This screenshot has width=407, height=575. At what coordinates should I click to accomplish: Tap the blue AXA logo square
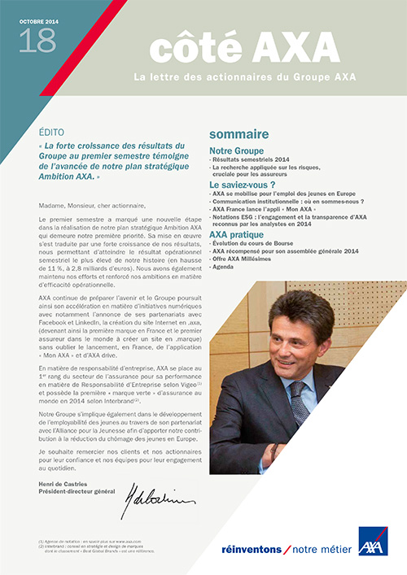click(372, 542)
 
